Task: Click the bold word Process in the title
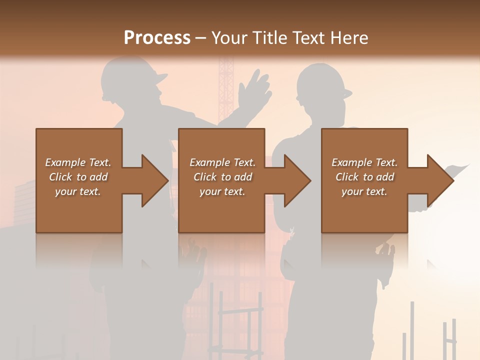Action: (157, 38)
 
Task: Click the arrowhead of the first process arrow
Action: (154, 181)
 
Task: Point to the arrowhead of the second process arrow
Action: (297, 181)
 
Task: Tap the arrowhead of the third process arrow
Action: (440, 181)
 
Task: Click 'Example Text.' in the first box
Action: (78, 162)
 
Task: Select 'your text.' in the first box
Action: (78, 191)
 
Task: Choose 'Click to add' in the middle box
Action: (222, 177)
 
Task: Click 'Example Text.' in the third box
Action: (364, 162)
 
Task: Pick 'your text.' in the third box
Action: (364, 191)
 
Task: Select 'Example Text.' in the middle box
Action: (222, 162)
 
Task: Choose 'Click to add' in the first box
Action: (78, 177)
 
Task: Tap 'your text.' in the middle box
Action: (222, 191)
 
